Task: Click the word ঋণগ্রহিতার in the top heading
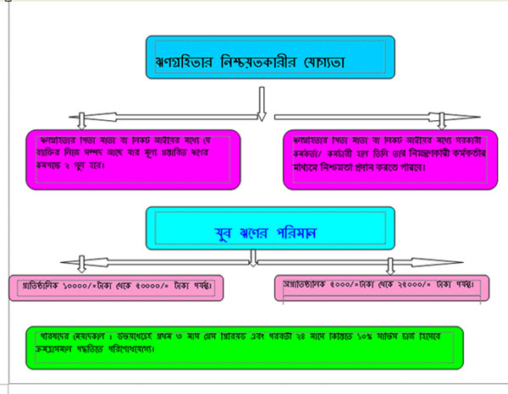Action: click(182, 62)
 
